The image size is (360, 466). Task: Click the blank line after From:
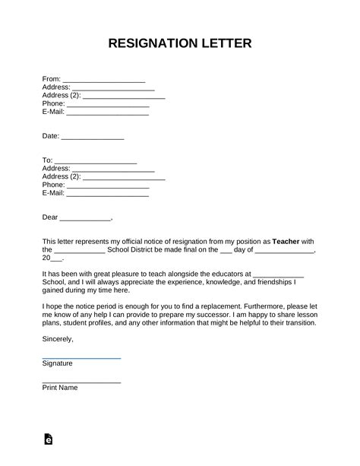point(104,80)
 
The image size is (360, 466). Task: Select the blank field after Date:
point(92,138)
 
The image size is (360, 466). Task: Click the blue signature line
point(81,357)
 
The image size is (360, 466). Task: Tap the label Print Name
point(60,388)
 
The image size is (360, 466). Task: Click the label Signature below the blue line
point(58,363)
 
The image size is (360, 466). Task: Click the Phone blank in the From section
point(108,105)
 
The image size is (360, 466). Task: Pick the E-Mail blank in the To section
point(108,194)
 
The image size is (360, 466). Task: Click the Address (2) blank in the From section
point(124,97)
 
